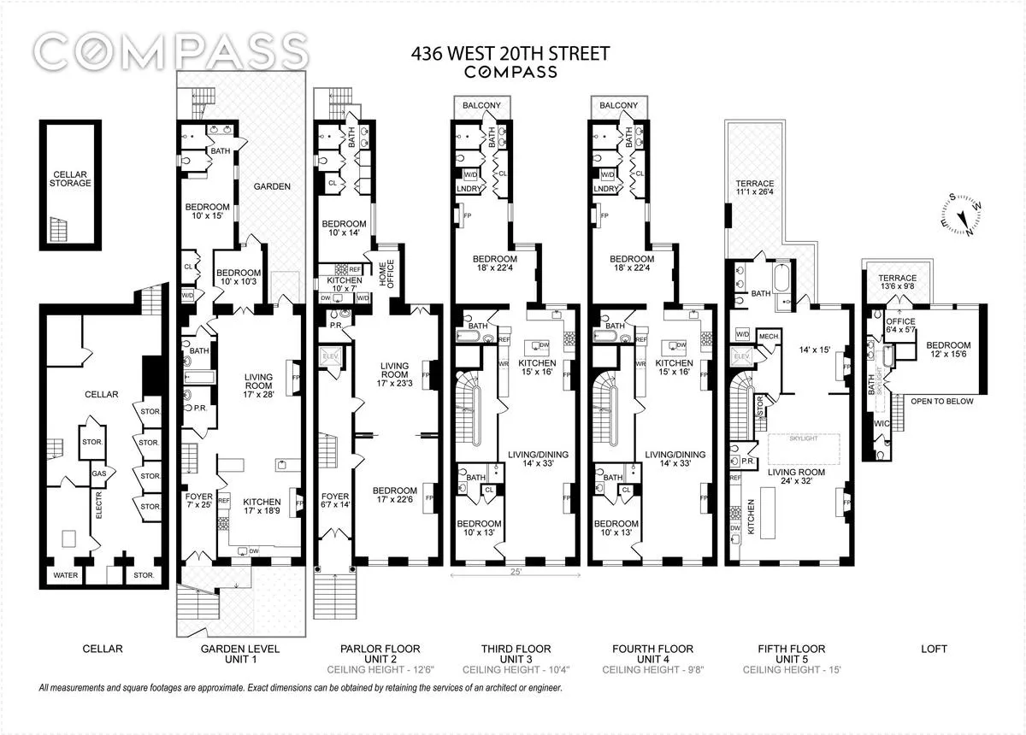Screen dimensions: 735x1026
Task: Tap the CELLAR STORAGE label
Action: coord(70,177)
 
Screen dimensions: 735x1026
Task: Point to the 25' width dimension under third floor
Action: coord(515,570)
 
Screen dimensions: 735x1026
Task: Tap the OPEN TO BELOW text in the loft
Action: coord(941,401)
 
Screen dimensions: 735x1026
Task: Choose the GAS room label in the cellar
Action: coord(97,471)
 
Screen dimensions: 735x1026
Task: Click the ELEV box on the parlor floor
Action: coord(329,356)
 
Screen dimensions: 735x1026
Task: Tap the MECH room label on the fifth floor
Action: coord(769,336)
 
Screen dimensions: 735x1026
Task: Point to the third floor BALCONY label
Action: coord(481,105)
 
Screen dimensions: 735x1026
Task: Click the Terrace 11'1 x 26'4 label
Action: coord(754,190)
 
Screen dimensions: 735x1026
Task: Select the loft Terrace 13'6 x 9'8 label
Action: coord(897,283)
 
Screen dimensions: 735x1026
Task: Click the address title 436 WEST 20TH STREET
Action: coord(510,54)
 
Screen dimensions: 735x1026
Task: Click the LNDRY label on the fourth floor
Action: coord(605,189)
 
